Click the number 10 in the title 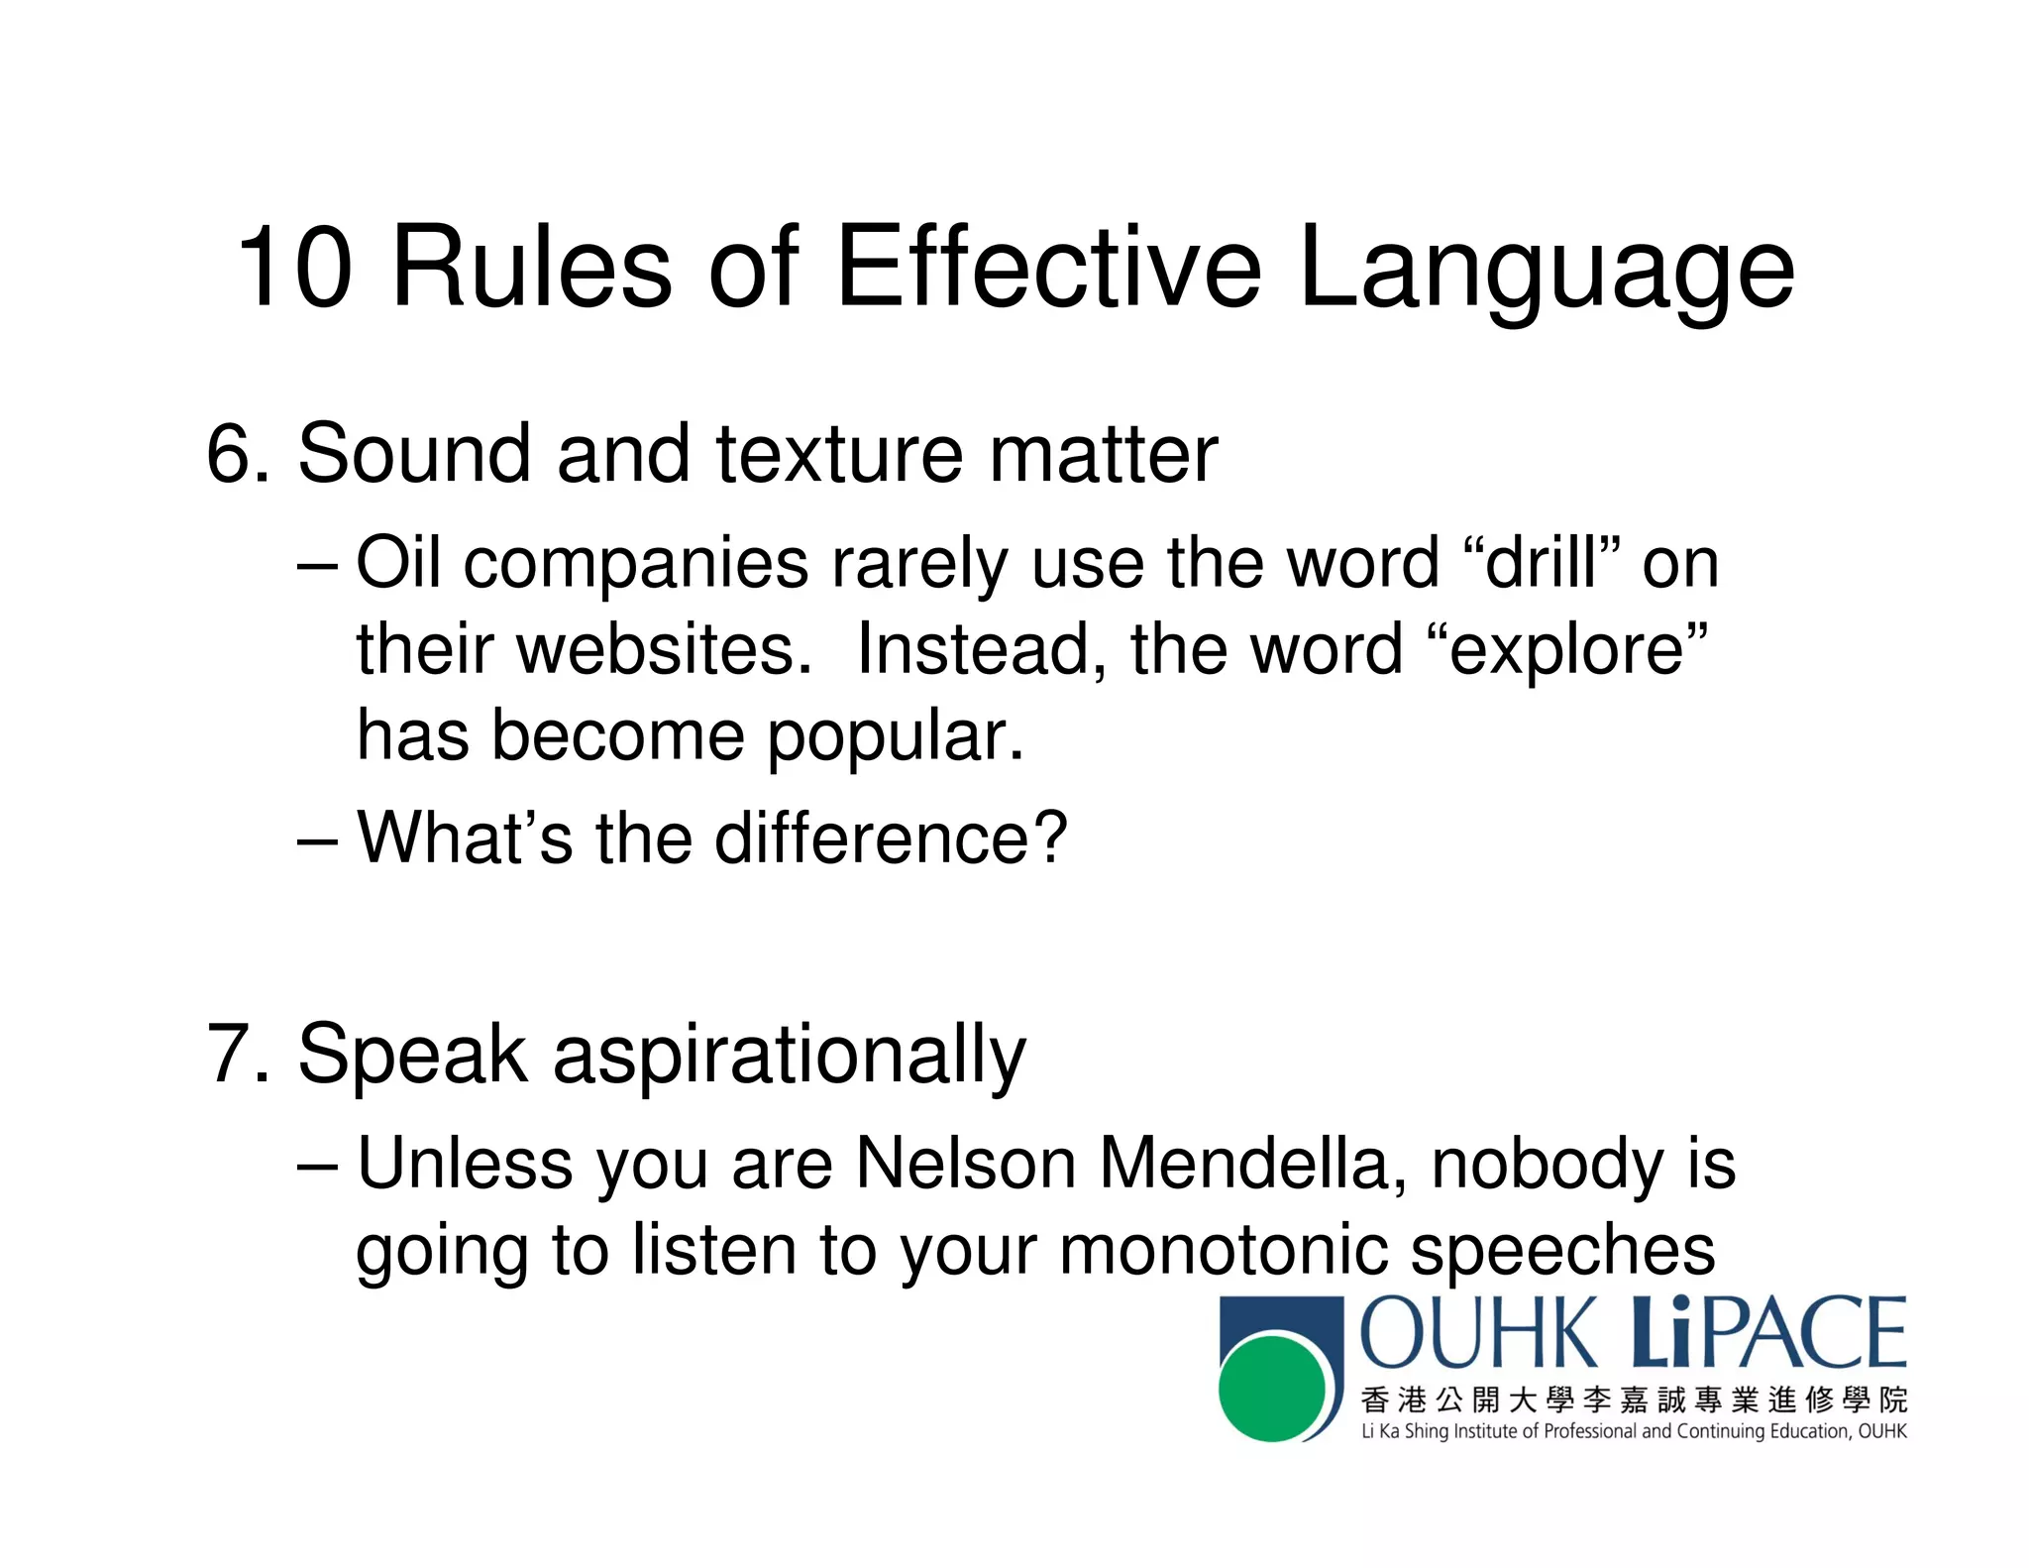coord(294,268)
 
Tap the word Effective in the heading coord(1049,268)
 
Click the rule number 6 coord(229,454)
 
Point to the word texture coord(838,454)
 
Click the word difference coord(890,839)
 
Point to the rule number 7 coord(229,1054)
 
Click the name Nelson coord(965,1164)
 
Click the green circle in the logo coord(1271,1388)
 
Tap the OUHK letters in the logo coord(1479,1334)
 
